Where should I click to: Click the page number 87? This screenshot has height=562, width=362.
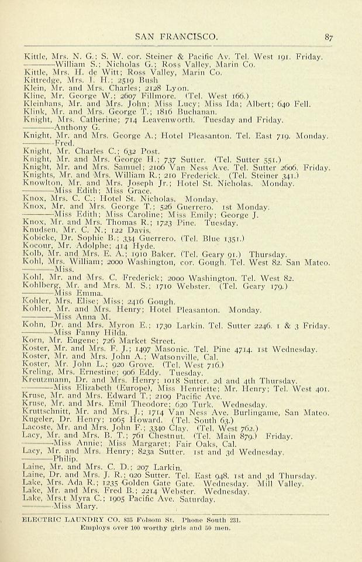pyautogui.click(x=329, y=37)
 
